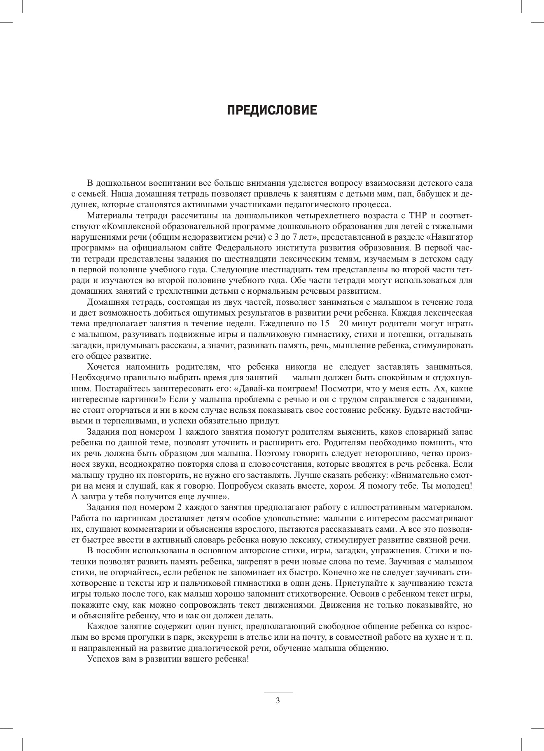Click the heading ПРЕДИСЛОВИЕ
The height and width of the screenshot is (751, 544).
click(x=272, y=110)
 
